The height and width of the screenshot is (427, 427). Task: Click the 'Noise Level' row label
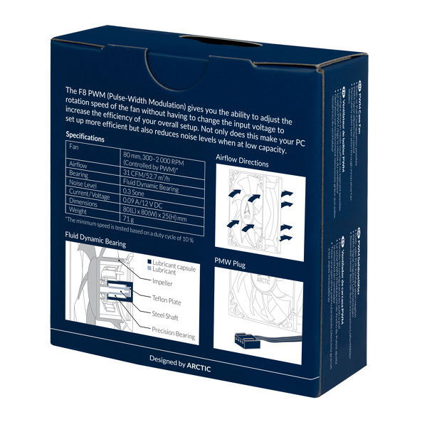click(84, 183)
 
